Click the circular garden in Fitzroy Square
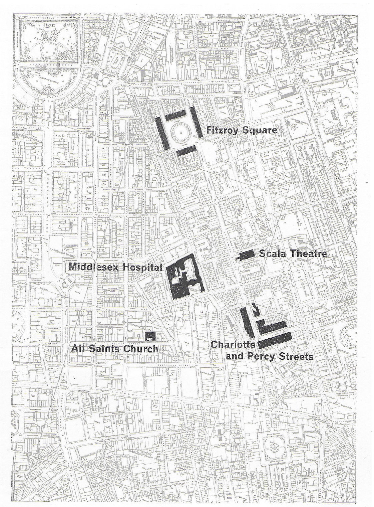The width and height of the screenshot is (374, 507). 181,132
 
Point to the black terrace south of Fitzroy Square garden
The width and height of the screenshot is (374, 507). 185,151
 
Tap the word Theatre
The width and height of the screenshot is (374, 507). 307,254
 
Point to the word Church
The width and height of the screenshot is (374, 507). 140,349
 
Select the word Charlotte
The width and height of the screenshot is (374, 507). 233,344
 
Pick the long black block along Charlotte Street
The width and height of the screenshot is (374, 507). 247,322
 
